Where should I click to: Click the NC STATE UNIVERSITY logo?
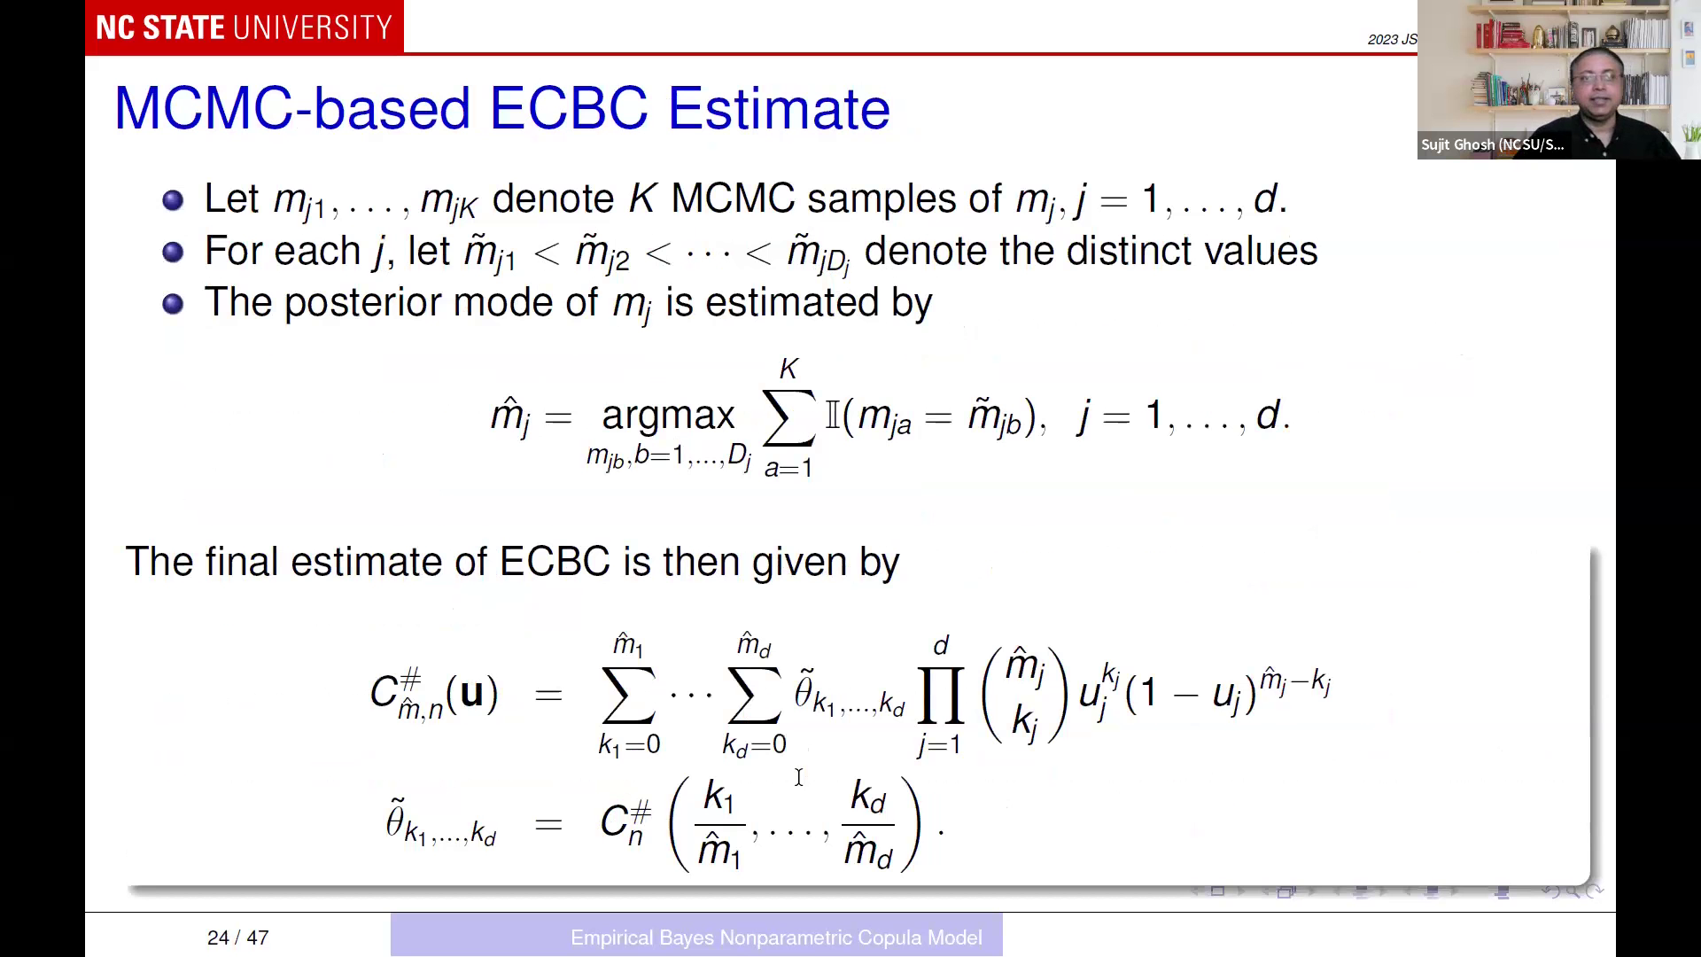point(244,27)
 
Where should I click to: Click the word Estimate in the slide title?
point(778,110)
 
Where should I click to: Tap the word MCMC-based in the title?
point(292,110)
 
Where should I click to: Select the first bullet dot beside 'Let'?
point(173,199)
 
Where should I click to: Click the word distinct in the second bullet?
point(1128,251)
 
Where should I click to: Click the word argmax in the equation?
point(668,415)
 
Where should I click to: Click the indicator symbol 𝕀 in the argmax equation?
point(833,416)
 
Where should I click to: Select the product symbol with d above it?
point(940,696)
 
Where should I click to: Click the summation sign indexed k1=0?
point(629,696)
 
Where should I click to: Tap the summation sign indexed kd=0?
point(754,696)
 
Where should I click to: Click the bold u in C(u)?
point(471,692)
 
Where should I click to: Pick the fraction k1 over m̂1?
point(718,824)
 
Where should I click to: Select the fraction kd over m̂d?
point(867,824)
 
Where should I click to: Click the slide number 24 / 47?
point(237,938)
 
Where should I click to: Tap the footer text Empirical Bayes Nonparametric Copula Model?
point(776,938)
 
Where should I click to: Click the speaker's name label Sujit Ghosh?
point(1492,144)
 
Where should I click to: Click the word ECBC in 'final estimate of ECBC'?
point(555,562)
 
